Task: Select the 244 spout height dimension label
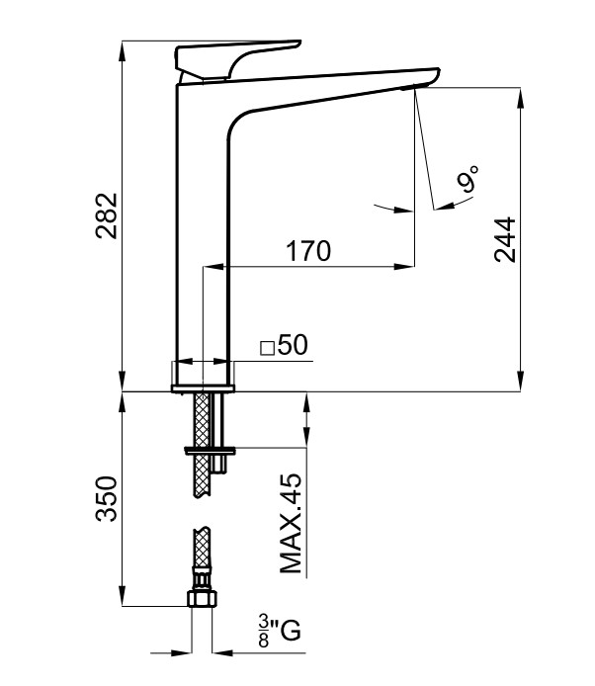click(x=505, y=238)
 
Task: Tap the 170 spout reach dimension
click(x=308, y=252)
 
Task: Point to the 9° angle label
click(x=468, y=179)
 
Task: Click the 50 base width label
click(x=294, y=345)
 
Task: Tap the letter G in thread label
click(x=290, y=628)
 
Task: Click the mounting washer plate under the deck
click(x=209, y=450)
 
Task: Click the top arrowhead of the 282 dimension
click(x=123, y=46)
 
